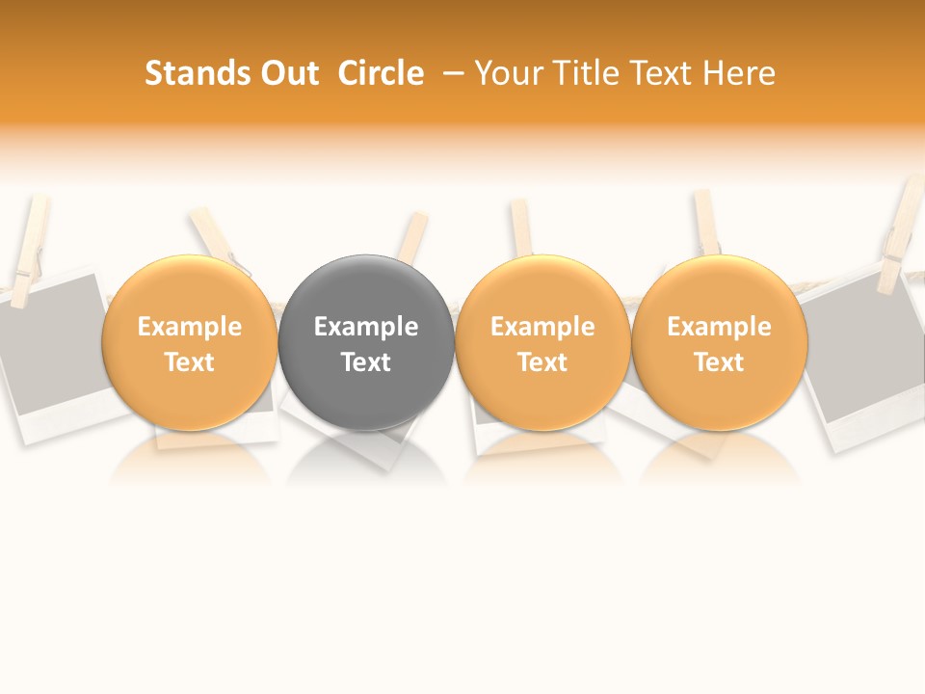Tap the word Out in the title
tap(288, 73)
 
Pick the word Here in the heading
tap(738, 73)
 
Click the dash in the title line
tap(453, 74)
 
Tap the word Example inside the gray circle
tap(366, 327)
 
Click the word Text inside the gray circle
tap(366, 362)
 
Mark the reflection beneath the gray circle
tap(366, 458)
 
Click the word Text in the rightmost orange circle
tap(719, 362)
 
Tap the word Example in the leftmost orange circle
tap(189, 327)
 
